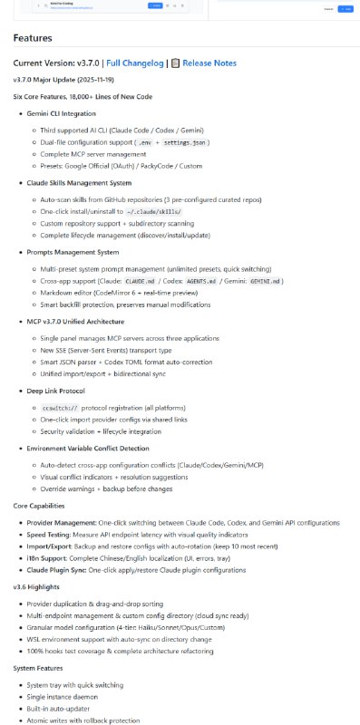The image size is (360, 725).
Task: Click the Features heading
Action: pyautogui.click(x=33, y=39)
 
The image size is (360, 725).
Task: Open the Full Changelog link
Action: pyautogui.click(x=135, y=63)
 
